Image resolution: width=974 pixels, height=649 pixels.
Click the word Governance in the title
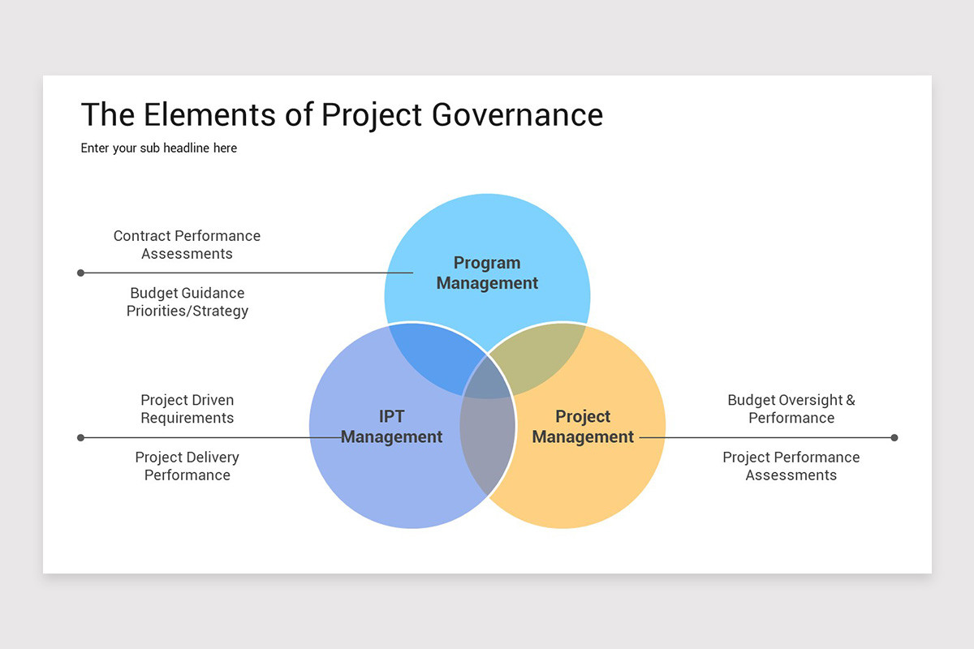tap(517, 115)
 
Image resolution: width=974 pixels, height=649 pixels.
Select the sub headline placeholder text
tap(159, 148)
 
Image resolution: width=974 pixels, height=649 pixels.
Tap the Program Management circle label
tap(487, 273)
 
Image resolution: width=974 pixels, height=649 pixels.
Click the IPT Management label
tap(391, 427)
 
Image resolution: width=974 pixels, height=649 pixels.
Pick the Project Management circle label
tap(583, 427)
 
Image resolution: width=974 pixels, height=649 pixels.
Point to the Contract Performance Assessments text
tap(187, 244)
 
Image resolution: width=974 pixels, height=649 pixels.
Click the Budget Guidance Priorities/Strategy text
tap(187, 302)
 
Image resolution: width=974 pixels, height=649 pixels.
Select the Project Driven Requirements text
tap(187, 409)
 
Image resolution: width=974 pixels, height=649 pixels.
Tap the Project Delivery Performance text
tap(187, 466)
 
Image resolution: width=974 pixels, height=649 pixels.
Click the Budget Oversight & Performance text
tap(791, 409)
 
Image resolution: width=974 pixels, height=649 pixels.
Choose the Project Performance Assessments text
tap(791, 466)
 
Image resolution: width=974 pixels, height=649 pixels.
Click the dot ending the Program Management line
tap(80, 273)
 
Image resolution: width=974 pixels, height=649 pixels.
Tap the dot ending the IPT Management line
tap(80, 437)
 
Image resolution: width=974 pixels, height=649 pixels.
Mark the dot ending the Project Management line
tap(894, 437)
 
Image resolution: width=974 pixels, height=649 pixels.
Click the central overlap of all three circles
tap(488, 381)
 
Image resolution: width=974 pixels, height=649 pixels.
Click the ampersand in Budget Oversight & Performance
tap(850, 400)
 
